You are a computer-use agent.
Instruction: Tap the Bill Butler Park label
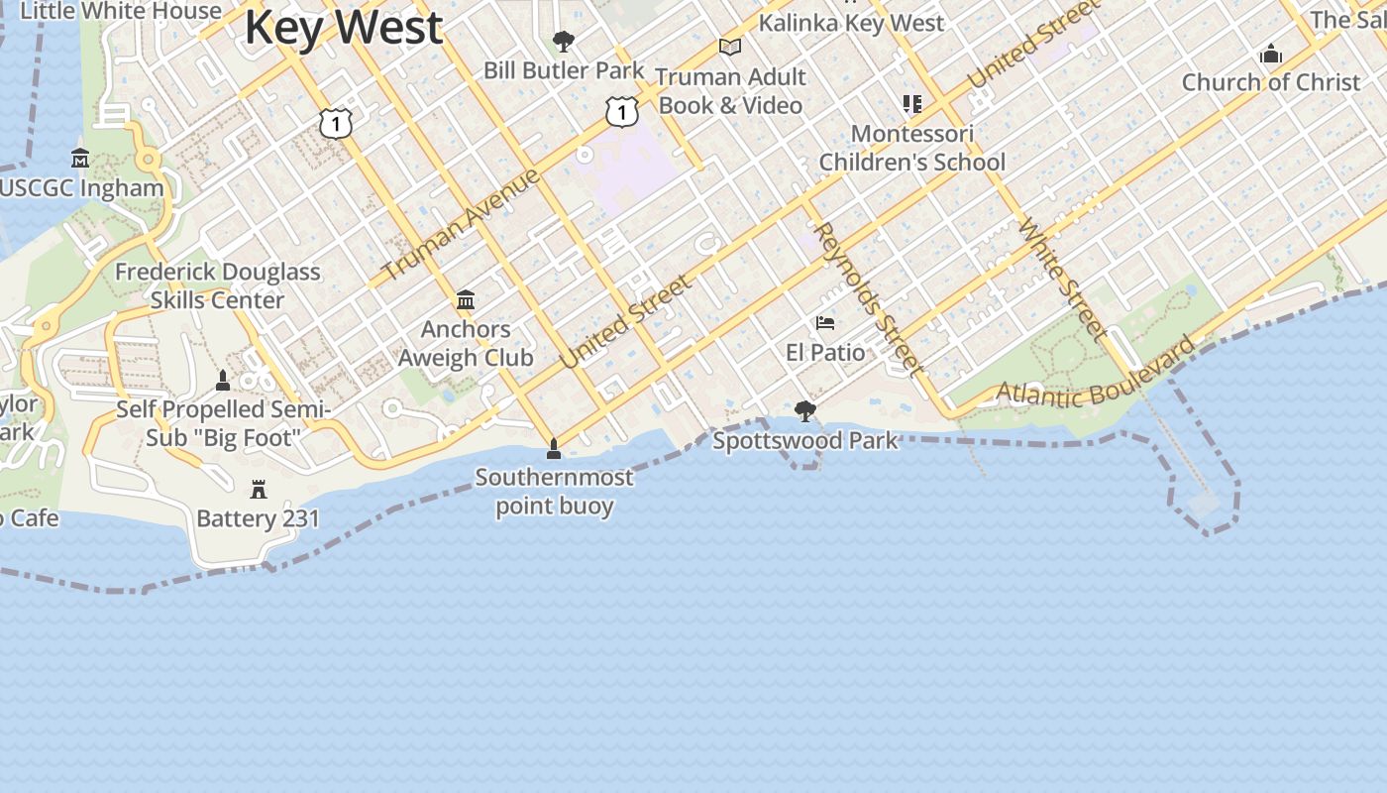pyautogui.click(x=564, y=70)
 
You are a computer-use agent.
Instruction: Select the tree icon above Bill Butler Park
pyautogui.click(x=564, y=42)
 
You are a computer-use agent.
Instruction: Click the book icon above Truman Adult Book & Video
pyautogui.click(x=730, y=47)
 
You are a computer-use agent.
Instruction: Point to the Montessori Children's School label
pyautogui.click(x=912, y=148)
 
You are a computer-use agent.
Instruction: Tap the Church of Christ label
pyautogui.click(x=1271, y=82)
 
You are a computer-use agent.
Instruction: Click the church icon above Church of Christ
pyautogui.click(x=1271, y=55)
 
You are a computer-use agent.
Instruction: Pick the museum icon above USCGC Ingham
pyautogui.click(x=80, y=159)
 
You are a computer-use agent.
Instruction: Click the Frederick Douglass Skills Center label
pyautogui.click(x=218, y=285)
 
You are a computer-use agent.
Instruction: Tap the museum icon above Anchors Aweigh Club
pyautogui.click(x=466, y=300)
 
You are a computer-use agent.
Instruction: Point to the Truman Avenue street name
pyautogui.click(x=461, y=224)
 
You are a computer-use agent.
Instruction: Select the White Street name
pyautogui.click(x=1062, y=279)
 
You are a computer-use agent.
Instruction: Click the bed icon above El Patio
pyautogui.click(x=824, y=323)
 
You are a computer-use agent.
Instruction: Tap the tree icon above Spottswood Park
pyautogui.click(x=805, y=410)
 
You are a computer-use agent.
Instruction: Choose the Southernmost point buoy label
pyautogui.click(x=554, y=491)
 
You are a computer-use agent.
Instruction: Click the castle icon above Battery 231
pyautogui.click(x=259, y=489)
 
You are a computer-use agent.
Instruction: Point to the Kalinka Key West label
pyautogui.click(x=852, y=23)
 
